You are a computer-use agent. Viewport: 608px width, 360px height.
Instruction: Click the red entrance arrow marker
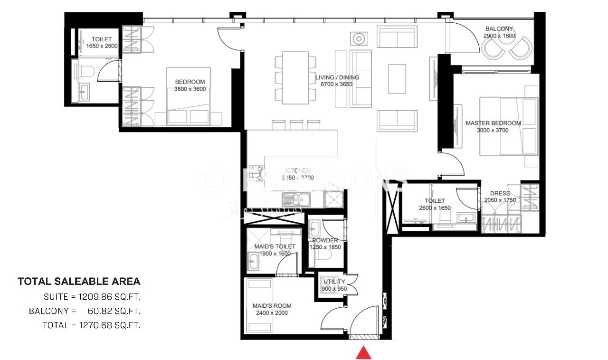click(363, 353)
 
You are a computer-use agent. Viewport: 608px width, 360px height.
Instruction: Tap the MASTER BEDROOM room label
click(493, 123)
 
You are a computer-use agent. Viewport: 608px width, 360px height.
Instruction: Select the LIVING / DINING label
click(337, 77)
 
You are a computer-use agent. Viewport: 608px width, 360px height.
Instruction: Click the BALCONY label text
click(499, 29)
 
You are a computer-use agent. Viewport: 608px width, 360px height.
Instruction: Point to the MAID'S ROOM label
click(272, 305)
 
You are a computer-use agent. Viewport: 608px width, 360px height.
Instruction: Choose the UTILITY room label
click(334, 282)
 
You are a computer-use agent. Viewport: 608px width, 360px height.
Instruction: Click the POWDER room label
click(325, 240)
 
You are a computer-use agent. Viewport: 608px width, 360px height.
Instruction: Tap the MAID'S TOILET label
click(275, 246)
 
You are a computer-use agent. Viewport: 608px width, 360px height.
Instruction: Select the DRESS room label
click(500, 194)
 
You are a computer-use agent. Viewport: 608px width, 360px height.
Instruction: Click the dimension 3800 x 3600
click(190, 89)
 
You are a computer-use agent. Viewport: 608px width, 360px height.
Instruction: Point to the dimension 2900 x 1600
click(499, 36)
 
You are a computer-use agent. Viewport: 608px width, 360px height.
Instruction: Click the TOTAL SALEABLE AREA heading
click(79, 282)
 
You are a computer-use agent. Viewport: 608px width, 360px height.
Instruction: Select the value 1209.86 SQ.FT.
click(112, 297)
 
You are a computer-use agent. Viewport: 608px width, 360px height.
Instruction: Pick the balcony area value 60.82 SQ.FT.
click(114, 312)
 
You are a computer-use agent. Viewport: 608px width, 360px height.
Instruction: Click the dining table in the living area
click(295, 77)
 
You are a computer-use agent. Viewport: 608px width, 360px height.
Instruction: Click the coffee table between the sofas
click(397, 79)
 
